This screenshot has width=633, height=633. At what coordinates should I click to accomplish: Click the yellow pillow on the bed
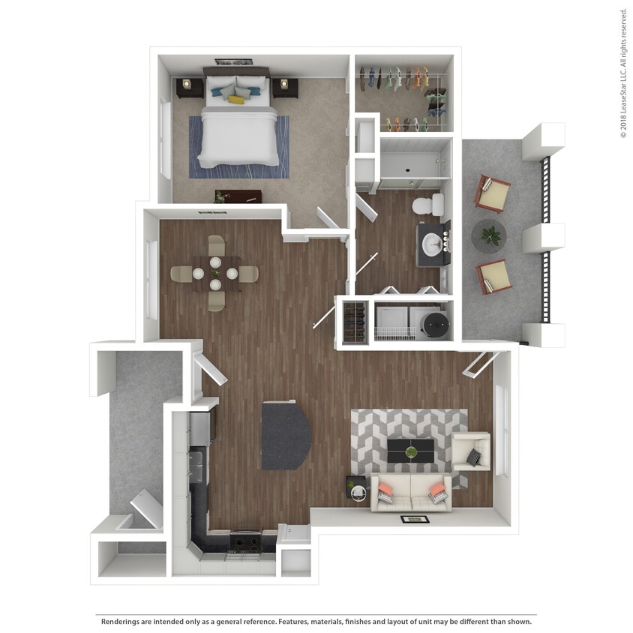(236, 99)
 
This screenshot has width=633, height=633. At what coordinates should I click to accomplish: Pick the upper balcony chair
(491, 193)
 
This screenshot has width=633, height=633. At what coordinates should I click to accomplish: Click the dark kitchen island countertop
(285, 436)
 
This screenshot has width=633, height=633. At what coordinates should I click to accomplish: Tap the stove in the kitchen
(244, 541)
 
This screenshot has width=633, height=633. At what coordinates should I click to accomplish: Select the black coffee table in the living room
(410, 451)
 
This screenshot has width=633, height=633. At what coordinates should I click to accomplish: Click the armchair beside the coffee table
(471, 452)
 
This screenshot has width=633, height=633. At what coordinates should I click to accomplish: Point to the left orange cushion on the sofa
(385, 490)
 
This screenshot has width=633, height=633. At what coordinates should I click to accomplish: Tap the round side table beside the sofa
(358, 490)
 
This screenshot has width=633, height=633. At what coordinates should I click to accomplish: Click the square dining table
(215, 274)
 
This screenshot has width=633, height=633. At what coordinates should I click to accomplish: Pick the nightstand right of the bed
(285, 88)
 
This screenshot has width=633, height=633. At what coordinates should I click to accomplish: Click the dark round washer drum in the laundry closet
(434, 323)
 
